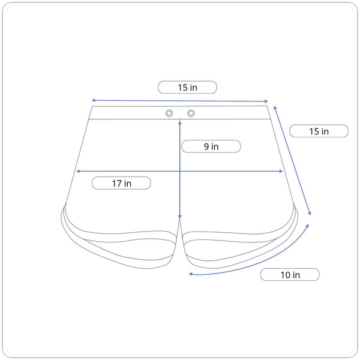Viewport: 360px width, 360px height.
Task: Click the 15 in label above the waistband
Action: (x=187, y=87)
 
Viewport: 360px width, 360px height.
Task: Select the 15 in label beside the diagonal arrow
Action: (x=319, y=131)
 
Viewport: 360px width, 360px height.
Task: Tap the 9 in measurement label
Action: (x=211, y=146)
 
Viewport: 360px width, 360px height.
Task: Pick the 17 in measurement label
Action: (x=121, y=183)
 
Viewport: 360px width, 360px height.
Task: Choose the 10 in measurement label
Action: (x=290, y=275)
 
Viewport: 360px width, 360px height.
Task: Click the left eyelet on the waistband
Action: (x=169, y=113)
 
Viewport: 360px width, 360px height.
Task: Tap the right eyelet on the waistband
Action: (x=191, y=113)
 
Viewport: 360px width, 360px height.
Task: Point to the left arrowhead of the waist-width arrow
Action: (x=93, y=100)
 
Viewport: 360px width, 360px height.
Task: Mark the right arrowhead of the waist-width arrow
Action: (x=266, y=101)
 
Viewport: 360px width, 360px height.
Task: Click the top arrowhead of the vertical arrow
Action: (x=180, y=123)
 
